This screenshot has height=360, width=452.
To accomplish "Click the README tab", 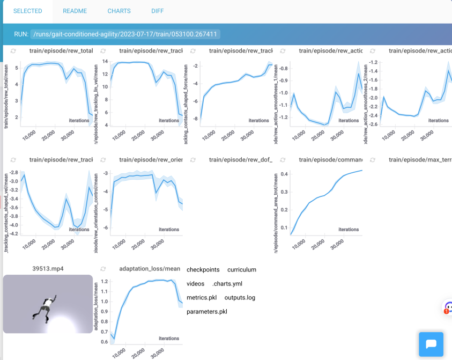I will click(75, 11).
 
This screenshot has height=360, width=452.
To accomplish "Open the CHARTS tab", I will click(118, 11).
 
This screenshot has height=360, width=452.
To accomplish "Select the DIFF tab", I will click(158, 11).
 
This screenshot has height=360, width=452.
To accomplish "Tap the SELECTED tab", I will click(28, 11).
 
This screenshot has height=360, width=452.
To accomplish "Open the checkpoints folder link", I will click(203, 269).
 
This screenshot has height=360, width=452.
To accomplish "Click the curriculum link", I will click(242, 269).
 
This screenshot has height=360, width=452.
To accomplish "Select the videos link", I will click(195, 283).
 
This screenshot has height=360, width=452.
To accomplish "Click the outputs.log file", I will click(240, 297).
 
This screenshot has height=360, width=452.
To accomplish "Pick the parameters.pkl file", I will click(207, 311).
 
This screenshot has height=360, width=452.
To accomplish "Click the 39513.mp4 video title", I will click(48, 268).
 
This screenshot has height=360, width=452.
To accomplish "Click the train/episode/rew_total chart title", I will click(61, 51).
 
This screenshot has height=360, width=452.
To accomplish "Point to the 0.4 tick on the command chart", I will click(285, 174).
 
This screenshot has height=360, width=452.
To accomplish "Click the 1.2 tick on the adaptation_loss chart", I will click(105, 281).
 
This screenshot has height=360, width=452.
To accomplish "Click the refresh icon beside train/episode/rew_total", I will click(12, 51).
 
